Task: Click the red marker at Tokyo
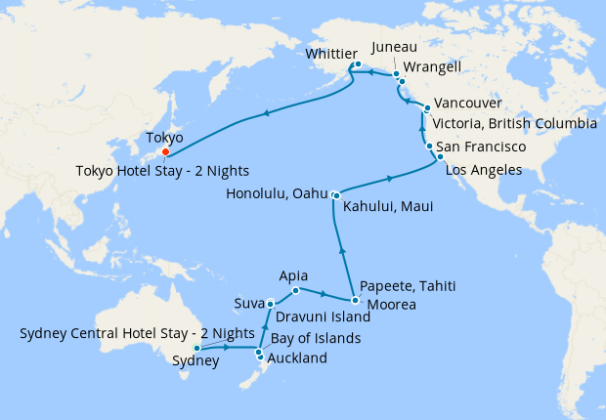tap(166, 151)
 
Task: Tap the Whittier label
tap(332, 54)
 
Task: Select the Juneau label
tap(395, 46)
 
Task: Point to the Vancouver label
tap(468, 103)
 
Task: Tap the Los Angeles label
tap(484, 170)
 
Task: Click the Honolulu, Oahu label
tap(277, 193)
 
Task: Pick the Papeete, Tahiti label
tap(408, 286)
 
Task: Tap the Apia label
tap(294, 275)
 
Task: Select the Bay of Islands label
tap(316, 339)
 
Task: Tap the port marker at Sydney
tap(197, 348)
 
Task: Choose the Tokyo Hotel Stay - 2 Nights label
tap(161, 171)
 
